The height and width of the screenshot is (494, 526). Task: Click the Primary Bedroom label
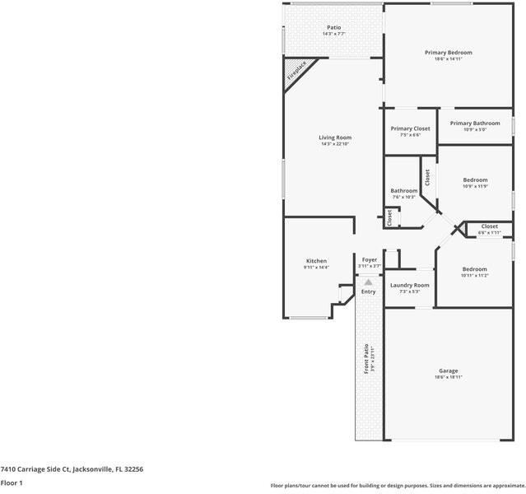(448, 53)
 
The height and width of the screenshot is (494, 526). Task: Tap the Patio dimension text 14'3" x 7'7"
(334, 34)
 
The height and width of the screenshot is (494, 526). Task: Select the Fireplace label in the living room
(296, 72)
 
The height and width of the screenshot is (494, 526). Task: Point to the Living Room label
(335, 137)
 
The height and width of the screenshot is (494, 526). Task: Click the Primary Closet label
(410, 128)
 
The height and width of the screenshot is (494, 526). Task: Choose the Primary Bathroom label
(474, 123)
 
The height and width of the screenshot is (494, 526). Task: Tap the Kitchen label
(316, 261)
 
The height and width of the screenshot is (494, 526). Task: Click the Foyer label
(370, 259)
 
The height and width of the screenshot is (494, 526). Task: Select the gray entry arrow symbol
(368, 282)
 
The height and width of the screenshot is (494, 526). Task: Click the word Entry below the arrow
(368, 291)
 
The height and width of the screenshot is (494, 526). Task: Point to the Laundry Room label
(409, 285)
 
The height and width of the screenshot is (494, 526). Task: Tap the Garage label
(448, 370)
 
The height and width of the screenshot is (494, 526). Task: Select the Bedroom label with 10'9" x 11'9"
(475, 179)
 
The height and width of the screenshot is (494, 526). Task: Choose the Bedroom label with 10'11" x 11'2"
(474, 269)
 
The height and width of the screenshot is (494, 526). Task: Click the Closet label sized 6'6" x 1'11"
(489, 226)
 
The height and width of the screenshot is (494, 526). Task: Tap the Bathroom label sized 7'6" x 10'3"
(403, 190)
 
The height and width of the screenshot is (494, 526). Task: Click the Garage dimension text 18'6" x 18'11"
(448, 377)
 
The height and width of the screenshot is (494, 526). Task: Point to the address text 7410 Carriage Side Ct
(72, 468)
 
